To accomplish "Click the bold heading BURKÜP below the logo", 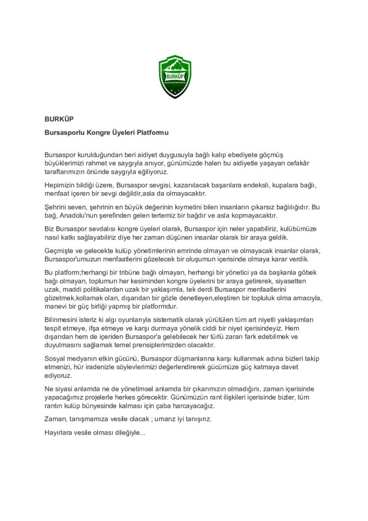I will (59, 118).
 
